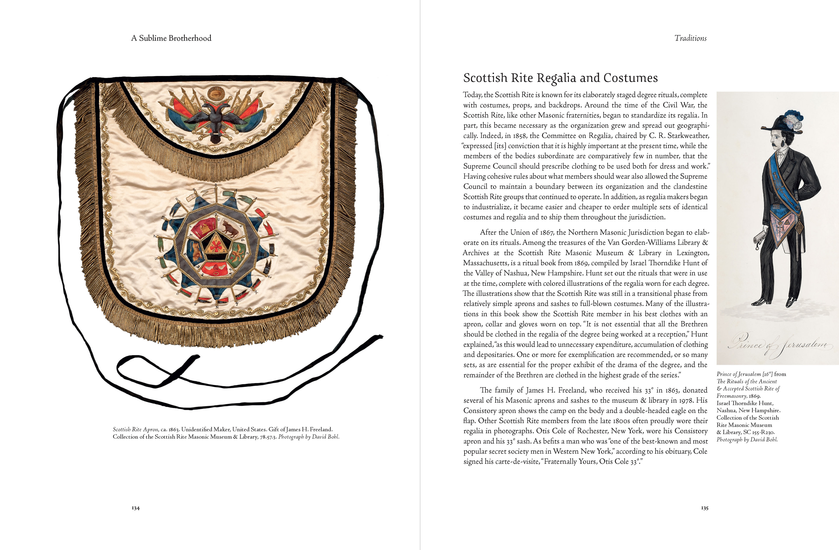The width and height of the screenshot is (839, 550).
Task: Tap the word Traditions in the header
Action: (x=690, y=38)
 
